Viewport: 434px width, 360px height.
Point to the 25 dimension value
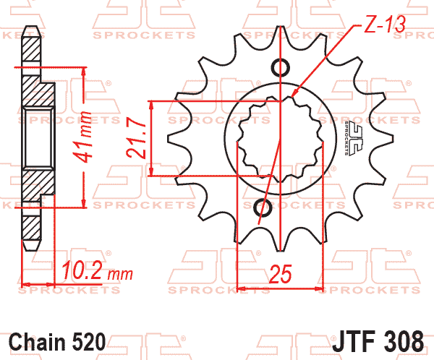280,274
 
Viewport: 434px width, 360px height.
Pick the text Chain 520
58,341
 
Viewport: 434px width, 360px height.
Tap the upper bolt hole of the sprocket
282,67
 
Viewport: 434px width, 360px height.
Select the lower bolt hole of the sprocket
264,209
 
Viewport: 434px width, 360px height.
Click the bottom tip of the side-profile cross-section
33,247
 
